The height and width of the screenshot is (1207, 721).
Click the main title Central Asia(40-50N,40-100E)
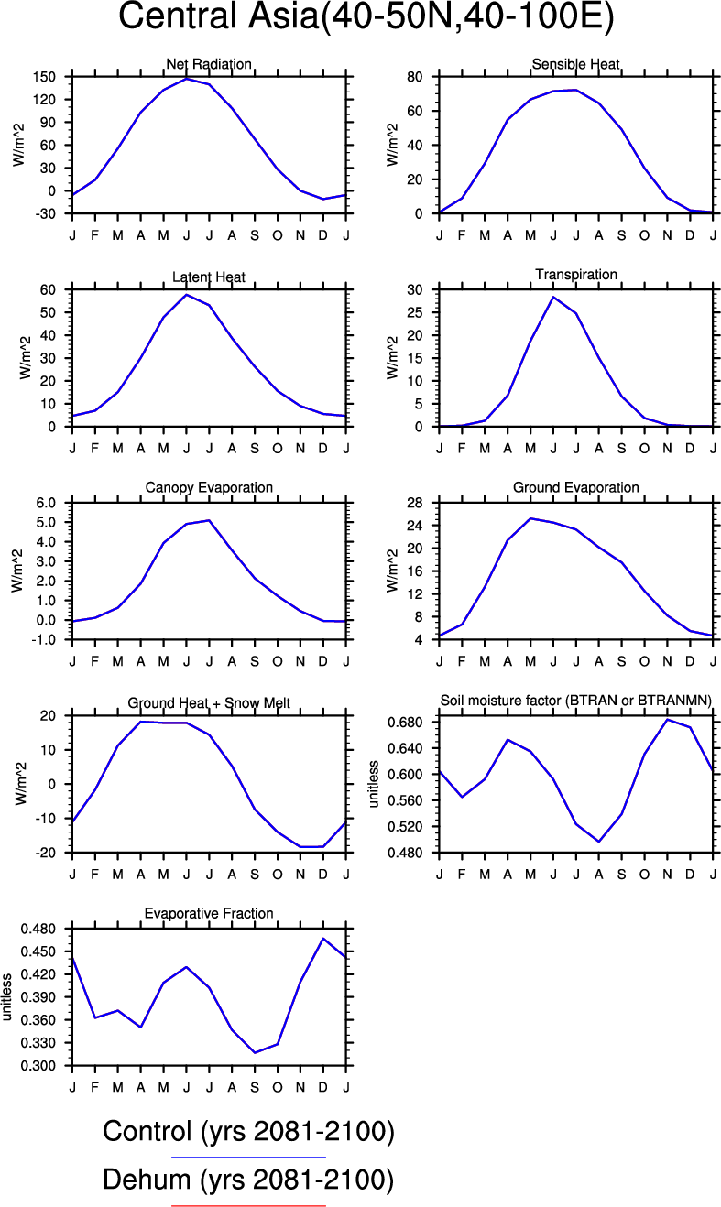366,18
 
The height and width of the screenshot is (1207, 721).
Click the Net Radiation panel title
209,64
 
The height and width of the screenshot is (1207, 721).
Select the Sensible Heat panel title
575,64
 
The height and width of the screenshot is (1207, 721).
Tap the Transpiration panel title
575,275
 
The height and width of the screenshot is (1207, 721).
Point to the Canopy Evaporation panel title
209,487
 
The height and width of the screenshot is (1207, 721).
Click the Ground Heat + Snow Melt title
209,702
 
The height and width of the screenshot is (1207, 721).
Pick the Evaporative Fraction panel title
209,913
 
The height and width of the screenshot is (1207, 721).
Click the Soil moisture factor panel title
575,701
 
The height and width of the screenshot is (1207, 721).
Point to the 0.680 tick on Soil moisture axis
407,723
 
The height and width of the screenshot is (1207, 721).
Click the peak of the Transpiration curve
553,297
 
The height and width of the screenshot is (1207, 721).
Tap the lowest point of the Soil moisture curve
599,842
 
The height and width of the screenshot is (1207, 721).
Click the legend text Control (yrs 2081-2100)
248,1133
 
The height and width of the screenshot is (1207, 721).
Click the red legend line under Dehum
248,1205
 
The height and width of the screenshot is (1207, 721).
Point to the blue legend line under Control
248,1158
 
